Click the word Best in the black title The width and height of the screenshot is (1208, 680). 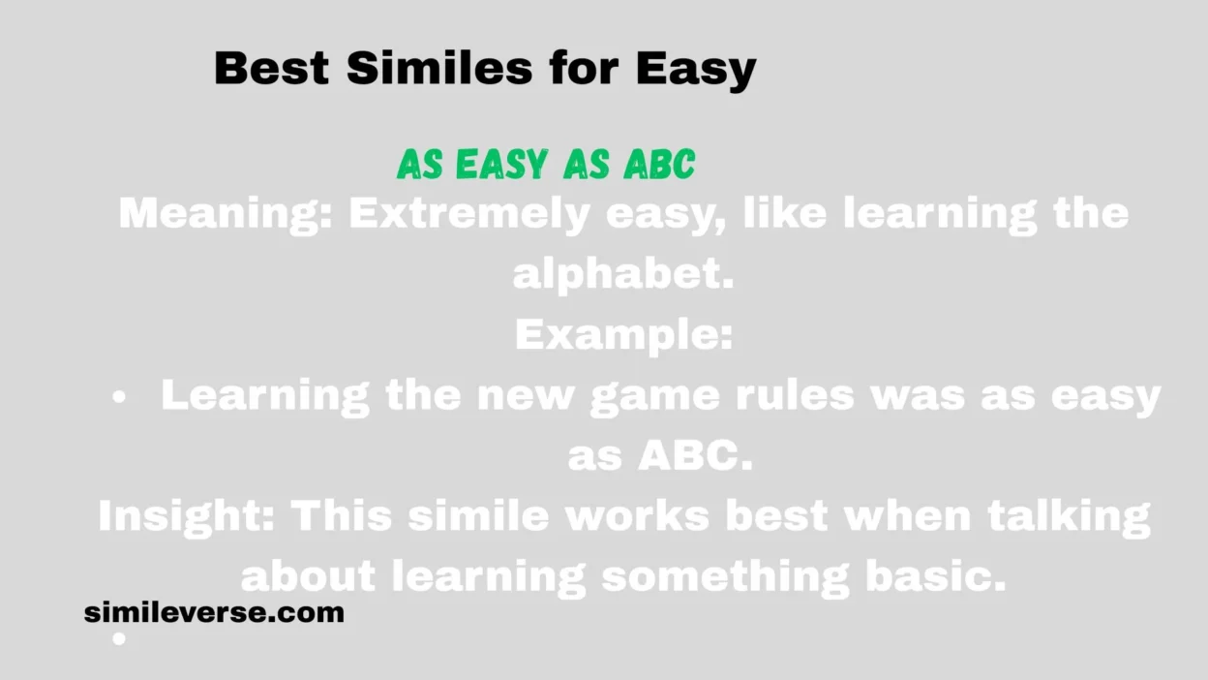271,68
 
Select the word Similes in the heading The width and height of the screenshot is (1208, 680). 439,68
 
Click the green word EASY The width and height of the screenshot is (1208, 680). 501,164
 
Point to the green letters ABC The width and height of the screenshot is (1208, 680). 659,164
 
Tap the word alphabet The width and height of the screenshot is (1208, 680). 623,274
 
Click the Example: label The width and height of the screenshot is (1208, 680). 624,335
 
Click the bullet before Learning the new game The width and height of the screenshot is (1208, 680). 119,397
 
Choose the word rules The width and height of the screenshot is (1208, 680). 796,395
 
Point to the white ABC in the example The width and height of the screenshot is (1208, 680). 695,456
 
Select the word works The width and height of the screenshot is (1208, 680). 637,516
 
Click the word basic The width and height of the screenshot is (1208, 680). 936,576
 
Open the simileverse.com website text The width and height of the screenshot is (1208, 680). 214,613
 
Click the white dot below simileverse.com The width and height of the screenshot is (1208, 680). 119,639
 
